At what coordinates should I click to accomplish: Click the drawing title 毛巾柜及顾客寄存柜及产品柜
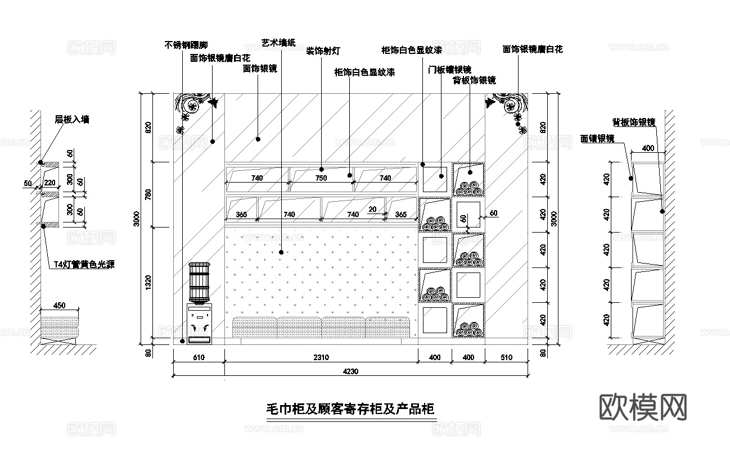point(350,409)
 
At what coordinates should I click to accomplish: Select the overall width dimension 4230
point(350,371)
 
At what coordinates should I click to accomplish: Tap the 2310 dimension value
point(321,357)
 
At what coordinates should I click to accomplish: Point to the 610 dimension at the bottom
point(199,357)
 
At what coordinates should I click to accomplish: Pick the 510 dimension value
point(506,357)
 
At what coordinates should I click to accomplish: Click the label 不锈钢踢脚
point(186,45)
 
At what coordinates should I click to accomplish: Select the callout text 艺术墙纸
point(278,43)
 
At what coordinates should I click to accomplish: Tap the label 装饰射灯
point(323,51)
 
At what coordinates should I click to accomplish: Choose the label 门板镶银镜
point(449,70)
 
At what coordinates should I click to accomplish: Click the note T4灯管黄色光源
point(84,265)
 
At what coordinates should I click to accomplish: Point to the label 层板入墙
point(71,119)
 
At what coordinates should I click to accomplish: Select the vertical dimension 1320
point(148,283)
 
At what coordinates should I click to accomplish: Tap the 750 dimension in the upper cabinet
point(321,178)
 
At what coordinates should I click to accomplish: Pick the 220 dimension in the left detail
point(49,183)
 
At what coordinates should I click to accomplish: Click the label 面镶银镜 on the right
point(597,138)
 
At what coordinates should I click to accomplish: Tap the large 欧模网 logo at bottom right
point(643,406)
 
